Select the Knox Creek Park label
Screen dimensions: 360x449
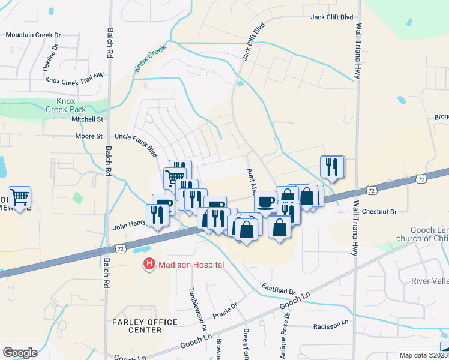tap(66, 105)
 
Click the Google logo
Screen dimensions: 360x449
tap(20, 352)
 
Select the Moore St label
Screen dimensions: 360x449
tap(88, 136)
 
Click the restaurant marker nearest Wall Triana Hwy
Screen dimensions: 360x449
tap(332, 167)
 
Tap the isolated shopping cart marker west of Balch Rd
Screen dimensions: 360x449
tap(20, 197)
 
